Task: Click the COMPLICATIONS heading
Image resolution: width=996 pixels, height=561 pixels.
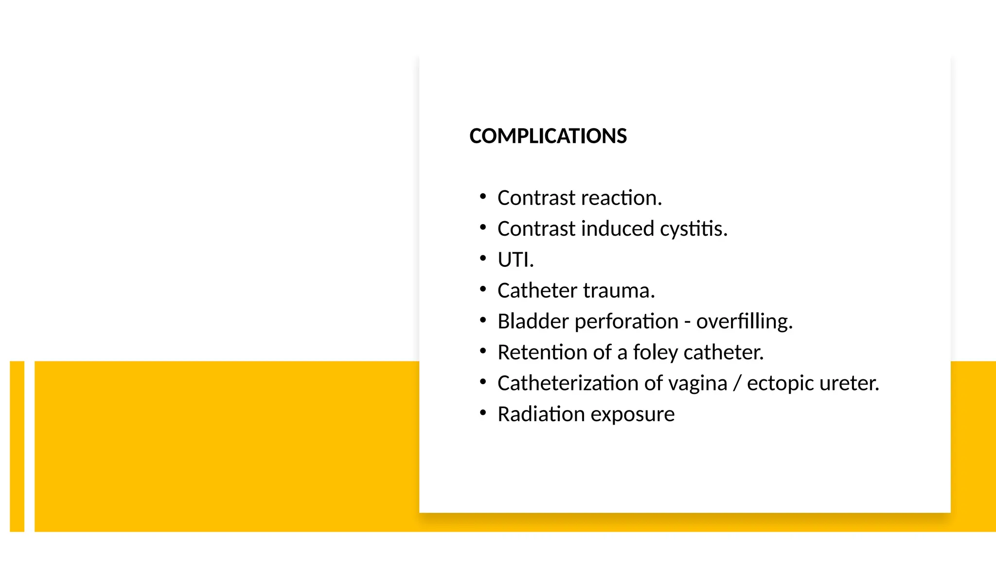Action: (548, 136)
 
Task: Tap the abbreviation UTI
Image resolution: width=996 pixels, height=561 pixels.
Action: (515, 260)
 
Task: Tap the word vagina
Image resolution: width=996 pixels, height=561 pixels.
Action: (698, 384)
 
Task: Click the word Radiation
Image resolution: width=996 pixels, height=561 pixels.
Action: (541, 414)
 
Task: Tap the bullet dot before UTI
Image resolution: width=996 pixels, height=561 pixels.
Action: (483, 258)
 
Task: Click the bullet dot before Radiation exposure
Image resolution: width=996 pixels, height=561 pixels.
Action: (483, 413)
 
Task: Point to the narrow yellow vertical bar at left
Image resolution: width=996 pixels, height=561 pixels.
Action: (17, 446)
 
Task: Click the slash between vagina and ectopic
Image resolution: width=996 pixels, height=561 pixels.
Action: (737, 384)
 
